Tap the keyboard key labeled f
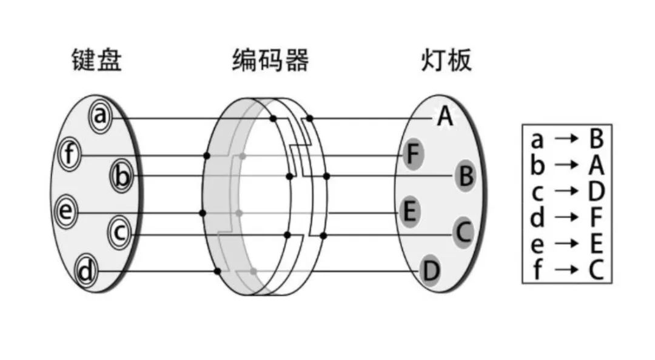click(70, 155)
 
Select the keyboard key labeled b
click(122, 176)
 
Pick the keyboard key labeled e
click(65, 212)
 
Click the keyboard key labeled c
click(119, 233)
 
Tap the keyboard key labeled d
click(87, 271)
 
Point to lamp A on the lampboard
click(445, 117)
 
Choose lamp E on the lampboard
click(410, 212)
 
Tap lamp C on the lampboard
click(463, 233)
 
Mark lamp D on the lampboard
click(430, 271)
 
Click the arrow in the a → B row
click(566, 139)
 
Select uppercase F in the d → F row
click(596, 218)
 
